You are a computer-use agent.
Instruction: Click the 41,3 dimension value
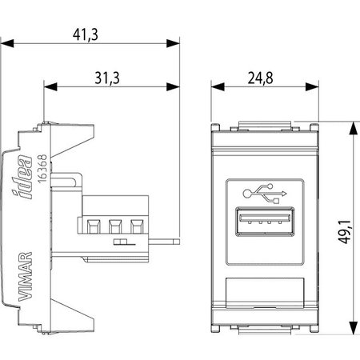pyautogui.click(x=86, y=34)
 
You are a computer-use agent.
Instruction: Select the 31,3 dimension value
pyautogui.click(x=107, y=78)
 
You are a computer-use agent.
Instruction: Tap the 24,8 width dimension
pyautogui.click(x=261, y=78)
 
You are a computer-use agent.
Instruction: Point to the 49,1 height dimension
pyautogui.click(x=346, y=232)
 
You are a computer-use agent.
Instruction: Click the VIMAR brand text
pyautogui.click(x=26, y=277)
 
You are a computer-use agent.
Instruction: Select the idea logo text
pyautogui.click(x=22, y=177)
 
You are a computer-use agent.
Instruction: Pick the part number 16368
pyautogui.click(x=42, y=169)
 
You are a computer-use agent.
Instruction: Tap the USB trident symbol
pyautogui.click(x=265, y=194)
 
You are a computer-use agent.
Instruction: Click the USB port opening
pyautogui.click(x=265, y=222)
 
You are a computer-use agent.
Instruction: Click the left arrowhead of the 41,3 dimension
pyautogui.click(x=7, y=43)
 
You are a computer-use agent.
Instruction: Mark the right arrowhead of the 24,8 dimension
pyautogui.click(x=312, y=86)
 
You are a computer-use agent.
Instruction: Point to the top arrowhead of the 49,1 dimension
pyautogui.click(x=353, y=129)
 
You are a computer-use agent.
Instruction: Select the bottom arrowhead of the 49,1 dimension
pyautogui.click(x=353, y=328)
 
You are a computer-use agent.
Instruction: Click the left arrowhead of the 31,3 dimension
pyautogui.click(x=50, y=86)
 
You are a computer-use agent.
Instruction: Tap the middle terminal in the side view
pyautogui.click(x=115, y=226)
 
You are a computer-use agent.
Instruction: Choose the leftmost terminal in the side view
pyautogui.click(x=94, y=226)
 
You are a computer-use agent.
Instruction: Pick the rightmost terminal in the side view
pyautogui.click(x=137, y=226)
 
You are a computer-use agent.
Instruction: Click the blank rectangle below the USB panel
pyautogui.click(x=265, y=293)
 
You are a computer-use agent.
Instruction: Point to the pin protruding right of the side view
pyautogui.click(x=164, y=242)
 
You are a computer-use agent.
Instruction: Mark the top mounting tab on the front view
pyautogui.click(x=265, y=126)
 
